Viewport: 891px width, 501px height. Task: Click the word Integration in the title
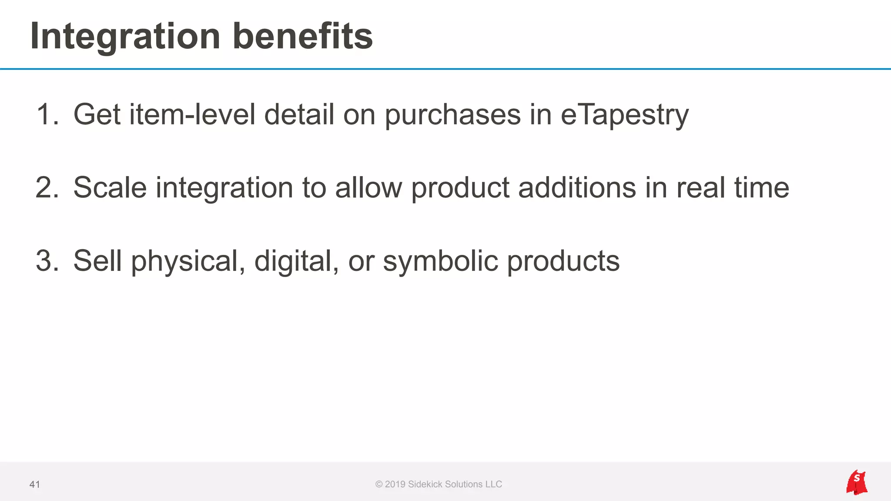click(125, 37)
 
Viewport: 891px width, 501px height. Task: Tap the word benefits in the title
click(303, 37)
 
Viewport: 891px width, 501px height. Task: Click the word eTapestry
click(625, 115)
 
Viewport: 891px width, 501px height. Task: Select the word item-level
click(192, 115)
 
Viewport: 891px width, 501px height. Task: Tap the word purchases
click(453, 115)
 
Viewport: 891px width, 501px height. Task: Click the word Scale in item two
click(110, 188)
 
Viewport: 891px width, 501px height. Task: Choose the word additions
click(577, 188)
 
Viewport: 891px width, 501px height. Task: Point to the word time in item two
click(762, 188)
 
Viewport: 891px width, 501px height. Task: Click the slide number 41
click(35, 484)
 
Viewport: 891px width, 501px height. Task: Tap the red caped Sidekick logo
click(857, 482)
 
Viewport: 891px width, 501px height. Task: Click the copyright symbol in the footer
click(379, 484)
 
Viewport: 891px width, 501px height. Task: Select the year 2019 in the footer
click(395, 484)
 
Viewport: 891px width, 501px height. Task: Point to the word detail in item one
click(299, 115)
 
